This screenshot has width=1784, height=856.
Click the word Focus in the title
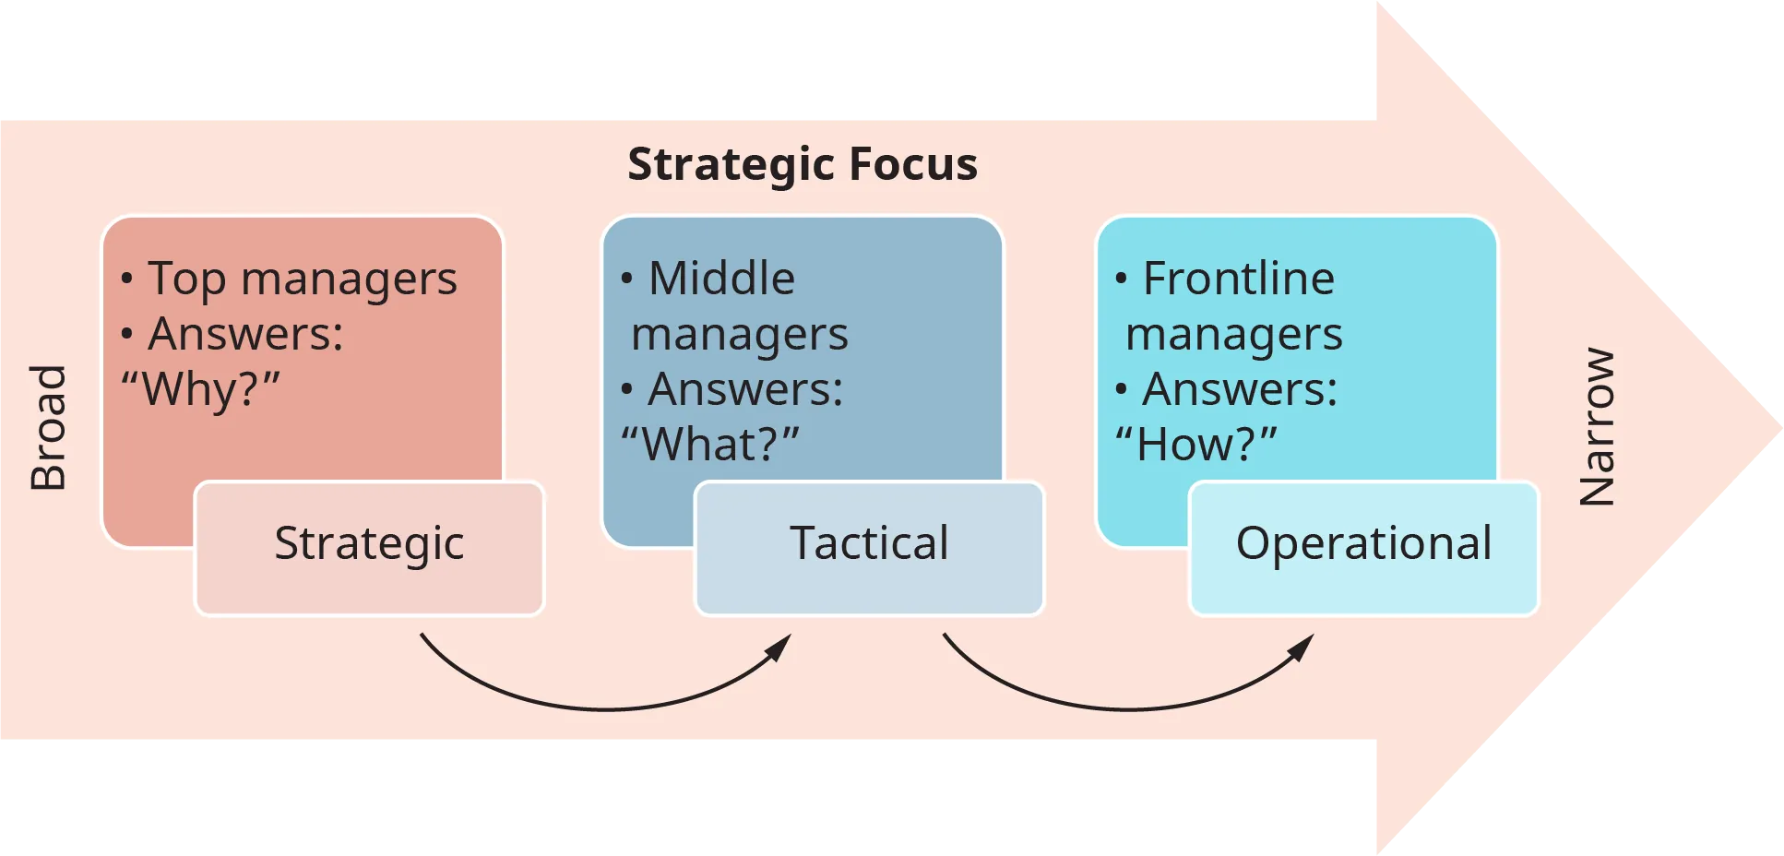912,164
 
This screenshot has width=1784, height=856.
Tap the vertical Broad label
48,427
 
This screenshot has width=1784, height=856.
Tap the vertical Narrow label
1597,427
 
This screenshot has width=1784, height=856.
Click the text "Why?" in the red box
200,389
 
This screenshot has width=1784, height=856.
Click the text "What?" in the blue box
709,445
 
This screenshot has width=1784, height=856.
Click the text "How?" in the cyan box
1195,445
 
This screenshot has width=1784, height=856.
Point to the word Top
186,279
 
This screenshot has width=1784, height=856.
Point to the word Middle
721,279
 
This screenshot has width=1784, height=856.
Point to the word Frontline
1238,279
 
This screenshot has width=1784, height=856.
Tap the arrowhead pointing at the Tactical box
780,647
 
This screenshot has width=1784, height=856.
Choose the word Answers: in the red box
245,334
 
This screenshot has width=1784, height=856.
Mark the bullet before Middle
626,279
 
